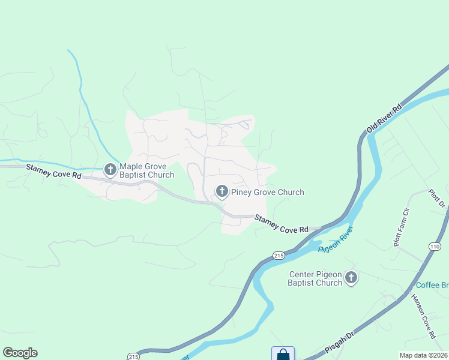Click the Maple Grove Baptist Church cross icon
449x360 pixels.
pos(110,170)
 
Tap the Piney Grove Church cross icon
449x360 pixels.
pos(221,192)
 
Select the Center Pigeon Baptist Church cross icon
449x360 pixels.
pos(351,278)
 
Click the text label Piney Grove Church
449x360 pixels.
pos(267,193)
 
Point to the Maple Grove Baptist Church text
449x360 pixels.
pos(146,171)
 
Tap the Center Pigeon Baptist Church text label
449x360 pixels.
pos(315,278)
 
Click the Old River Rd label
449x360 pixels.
pos(384,118)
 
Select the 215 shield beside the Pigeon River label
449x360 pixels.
pos(278,256)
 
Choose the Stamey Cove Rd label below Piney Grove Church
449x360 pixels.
pos(281,224)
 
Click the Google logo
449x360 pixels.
pos(20,353)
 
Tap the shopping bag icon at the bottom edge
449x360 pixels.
pos(283,354)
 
